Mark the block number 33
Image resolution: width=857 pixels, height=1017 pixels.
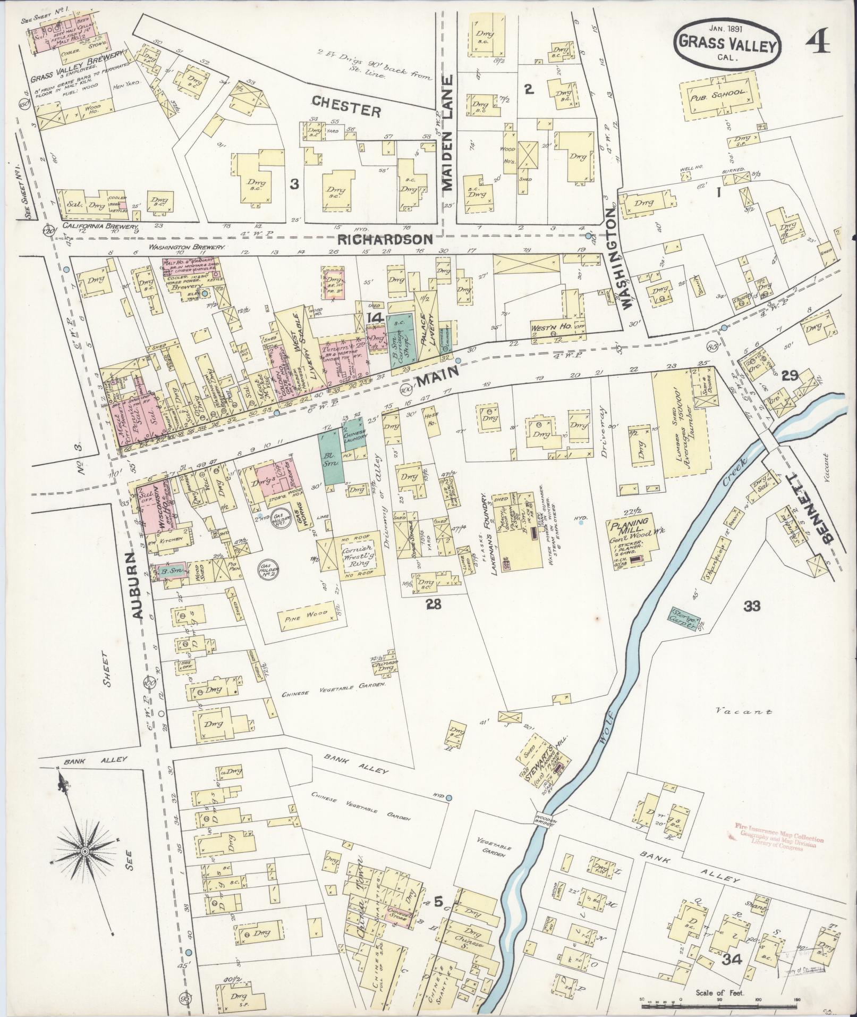tap(752, 606)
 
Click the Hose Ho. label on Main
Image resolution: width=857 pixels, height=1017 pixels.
tap(431, 419)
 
